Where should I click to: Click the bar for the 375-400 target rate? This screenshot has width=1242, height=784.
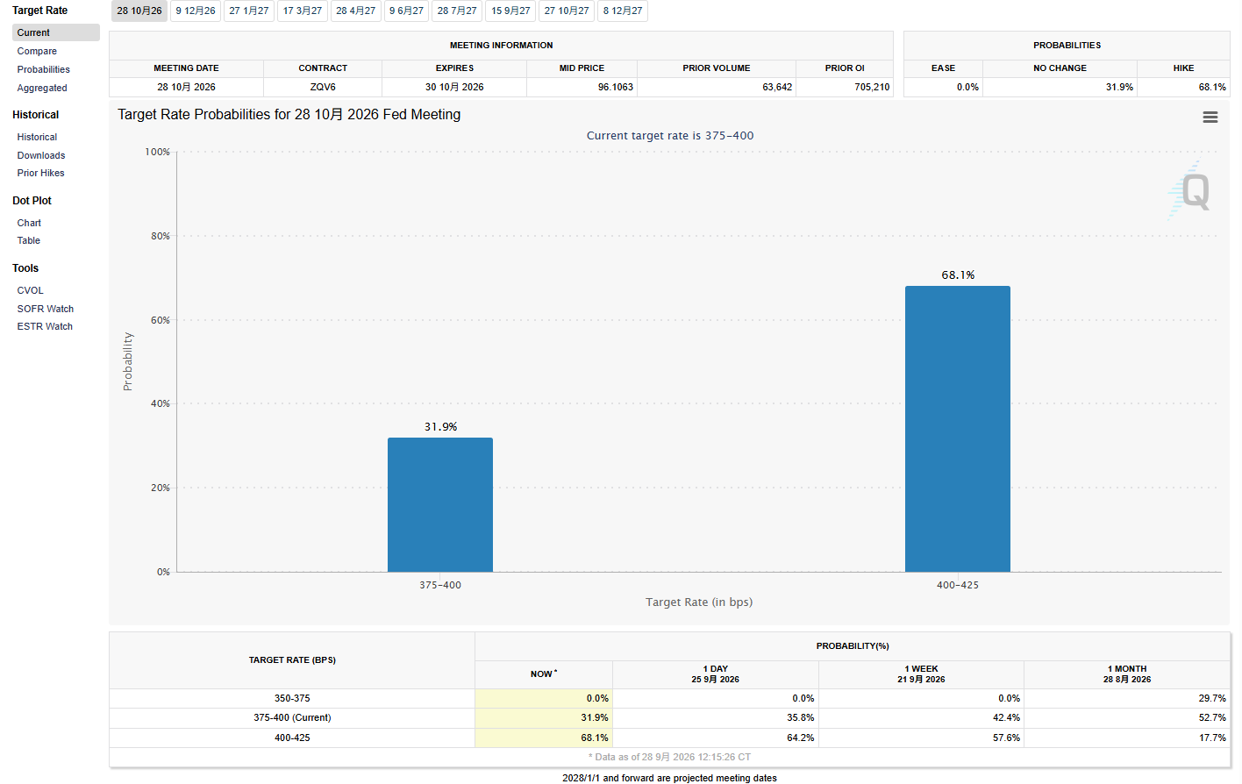[x=439, y=504]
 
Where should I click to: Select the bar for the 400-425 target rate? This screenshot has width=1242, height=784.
[x=958, y=429]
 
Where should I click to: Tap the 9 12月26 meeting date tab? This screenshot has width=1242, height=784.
[x=196, y=11]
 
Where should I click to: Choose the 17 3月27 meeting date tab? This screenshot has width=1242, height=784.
[x=303, y=11]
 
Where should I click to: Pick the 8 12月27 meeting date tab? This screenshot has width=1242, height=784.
[x=623, y=11]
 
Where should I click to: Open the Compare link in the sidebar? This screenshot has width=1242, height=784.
[x=37, y=51]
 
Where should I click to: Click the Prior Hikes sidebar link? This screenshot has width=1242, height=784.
[x=40, y=173]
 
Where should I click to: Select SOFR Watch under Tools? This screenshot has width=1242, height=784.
[x=45, y=309]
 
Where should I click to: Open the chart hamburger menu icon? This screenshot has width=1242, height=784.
[x=1210, y=117]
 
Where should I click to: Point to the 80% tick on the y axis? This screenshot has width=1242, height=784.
[x=161, y=236]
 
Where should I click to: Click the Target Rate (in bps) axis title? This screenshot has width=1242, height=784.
[x=698, y=602]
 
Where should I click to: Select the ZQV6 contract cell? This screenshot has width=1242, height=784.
[x=323, y=87]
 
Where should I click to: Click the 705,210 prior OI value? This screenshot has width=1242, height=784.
[x=872, y=87]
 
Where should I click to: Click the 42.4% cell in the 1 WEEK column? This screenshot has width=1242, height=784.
[x=1006, y=717]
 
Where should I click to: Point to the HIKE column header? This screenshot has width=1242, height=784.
[x=1183, y=68]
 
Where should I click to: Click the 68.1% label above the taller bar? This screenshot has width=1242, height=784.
[x=958, y=275]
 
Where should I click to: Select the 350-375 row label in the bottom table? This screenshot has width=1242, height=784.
[x=292, y=698]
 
